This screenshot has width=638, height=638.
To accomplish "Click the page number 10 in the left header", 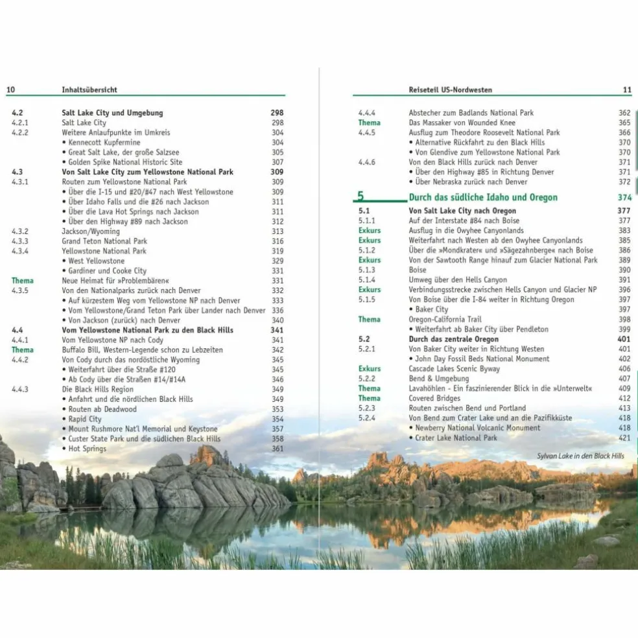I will click(10, 89).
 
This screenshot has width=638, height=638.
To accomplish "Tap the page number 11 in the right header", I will click(626, 89).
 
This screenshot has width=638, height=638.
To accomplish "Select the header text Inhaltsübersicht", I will click(89, 89).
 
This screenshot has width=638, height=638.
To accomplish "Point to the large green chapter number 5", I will click(361, 196).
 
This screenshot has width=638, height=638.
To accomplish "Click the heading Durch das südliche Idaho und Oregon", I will click(483, 197).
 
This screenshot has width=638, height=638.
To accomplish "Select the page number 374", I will click(624, 197).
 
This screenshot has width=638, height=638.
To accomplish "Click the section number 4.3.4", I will click(20, 251).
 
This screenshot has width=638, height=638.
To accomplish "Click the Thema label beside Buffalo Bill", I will click(23, 349).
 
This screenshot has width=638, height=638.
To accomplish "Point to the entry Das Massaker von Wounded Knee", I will click(462, 123).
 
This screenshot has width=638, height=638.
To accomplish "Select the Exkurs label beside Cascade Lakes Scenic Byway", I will click(370, 368).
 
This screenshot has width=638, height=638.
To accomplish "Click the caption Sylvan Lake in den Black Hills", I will click(580, 456).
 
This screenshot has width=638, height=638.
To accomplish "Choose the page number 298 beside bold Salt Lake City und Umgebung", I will click(277, 113).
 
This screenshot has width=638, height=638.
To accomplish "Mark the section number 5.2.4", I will click(367, 418).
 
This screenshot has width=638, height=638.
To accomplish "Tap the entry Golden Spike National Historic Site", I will click(126, 162).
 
